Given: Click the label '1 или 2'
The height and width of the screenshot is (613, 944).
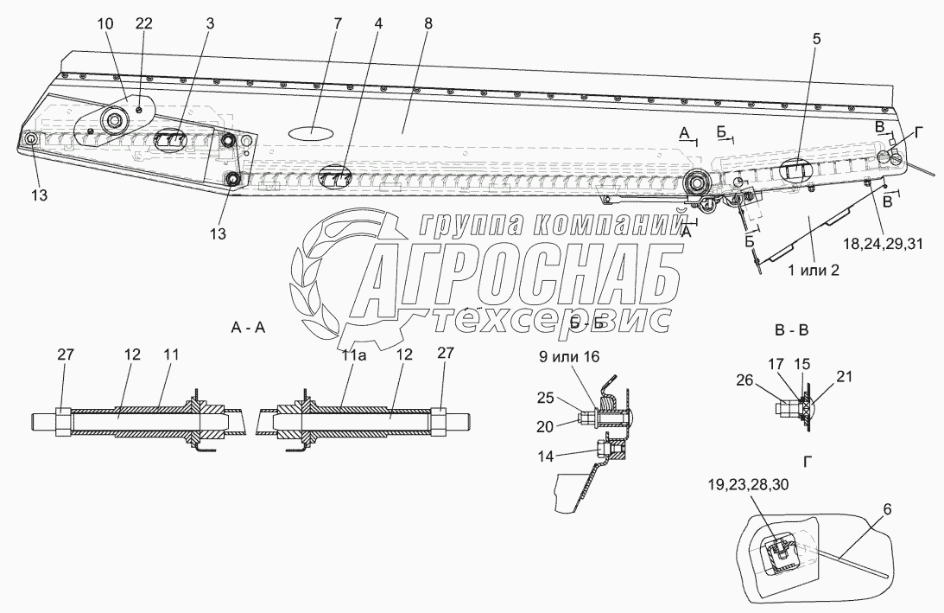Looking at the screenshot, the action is [814, 270].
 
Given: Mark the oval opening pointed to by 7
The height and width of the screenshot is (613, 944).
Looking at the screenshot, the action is [309, 132].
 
